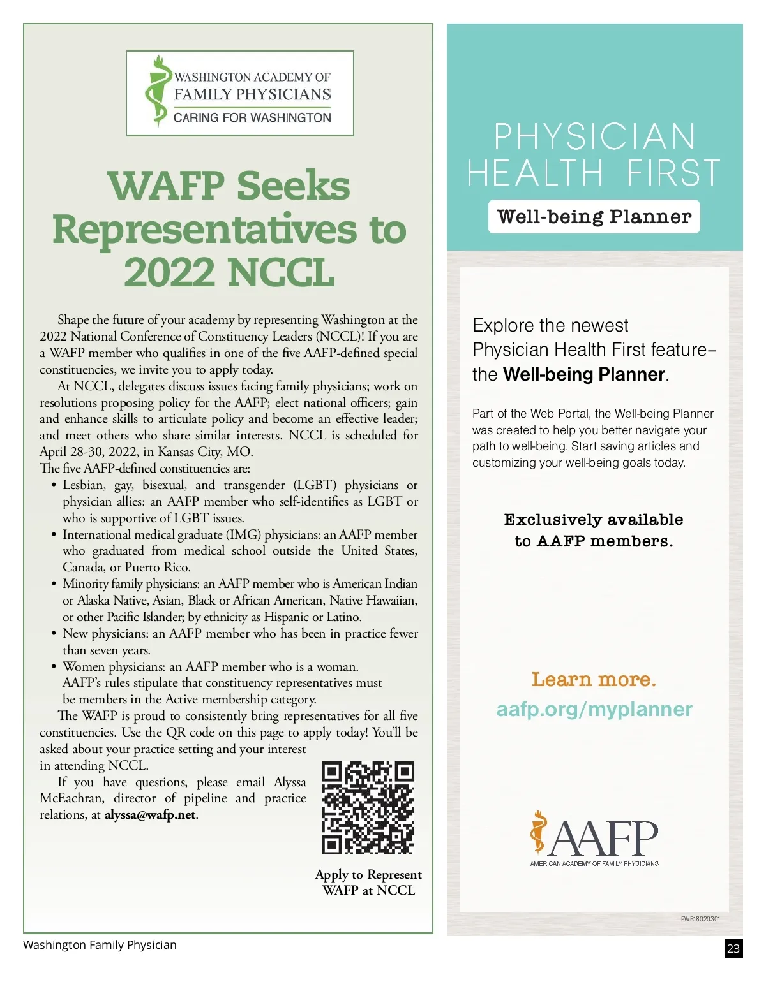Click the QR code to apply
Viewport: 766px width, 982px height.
point(368,807)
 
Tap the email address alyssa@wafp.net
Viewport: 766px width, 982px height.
point(151,815)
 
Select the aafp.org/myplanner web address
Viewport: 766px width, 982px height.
point(594,709)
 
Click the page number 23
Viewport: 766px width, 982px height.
point(733,948)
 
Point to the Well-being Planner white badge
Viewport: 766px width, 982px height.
point(594,217)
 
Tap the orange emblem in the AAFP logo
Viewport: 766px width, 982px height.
point(539,832)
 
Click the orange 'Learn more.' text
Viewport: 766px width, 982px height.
point(594,680)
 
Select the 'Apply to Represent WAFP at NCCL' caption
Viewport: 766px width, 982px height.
point(368,883)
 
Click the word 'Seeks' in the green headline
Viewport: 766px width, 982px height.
point(294,186)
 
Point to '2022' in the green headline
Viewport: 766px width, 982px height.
point(170,273)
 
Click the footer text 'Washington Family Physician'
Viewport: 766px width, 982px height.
point(100,945)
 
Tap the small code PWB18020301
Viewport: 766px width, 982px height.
point(700,919)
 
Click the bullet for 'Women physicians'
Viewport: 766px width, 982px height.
point(54,667)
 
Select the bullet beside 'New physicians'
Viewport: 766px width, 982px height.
point(54,634)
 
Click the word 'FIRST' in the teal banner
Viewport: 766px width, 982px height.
point(673,173)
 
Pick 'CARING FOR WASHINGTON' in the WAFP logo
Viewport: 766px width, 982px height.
point(252,118)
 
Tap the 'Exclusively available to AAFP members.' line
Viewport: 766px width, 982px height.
point(594,531)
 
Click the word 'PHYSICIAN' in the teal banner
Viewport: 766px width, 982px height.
point(594,136)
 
